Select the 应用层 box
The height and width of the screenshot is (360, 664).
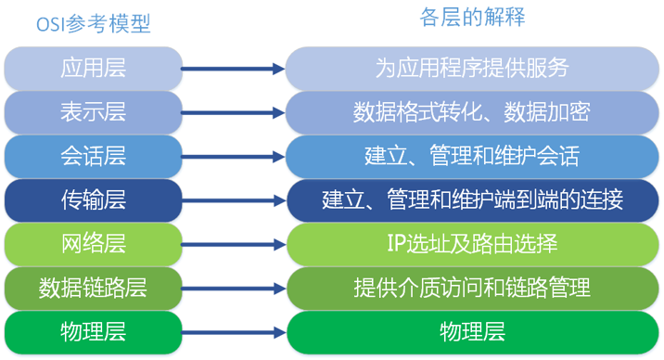click(93, 69)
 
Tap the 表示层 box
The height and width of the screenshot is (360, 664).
click(93, 112)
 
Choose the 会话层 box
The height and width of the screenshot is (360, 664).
click(93, 156)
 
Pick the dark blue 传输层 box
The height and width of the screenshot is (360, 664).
click(93, 199)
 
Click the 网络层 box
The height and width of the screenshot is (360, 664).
click(93, 244)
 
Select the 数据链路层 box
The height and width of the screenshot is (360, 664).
click(93, 288)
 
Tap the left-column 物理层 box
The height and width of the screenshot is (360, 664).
click(93, 331)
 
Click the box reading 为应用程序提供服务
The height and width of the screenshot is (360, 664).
click(472, 69)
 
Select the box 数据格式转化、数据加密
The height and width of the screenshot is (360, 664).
click(472, 112)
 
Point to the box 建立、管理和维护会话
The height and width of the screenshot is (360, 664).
click(472, 156)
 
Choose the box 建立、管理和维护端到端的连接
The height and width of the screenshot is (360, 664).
click(472, 199)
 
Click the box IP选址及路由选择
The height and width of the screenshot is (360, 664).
click(472, 244)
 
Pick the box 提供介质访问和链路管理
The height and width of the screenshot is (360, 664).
click(472, 288)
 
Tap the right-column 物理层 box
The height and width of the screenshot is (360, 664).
click(472, 331)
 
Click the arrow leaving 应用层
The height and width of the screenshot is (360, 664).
click(232, 69)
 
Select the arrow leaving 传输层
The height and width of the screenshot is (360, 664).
click(232, 199)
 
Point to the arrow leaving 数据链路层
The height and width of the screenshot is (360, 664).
click(232, 288)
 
